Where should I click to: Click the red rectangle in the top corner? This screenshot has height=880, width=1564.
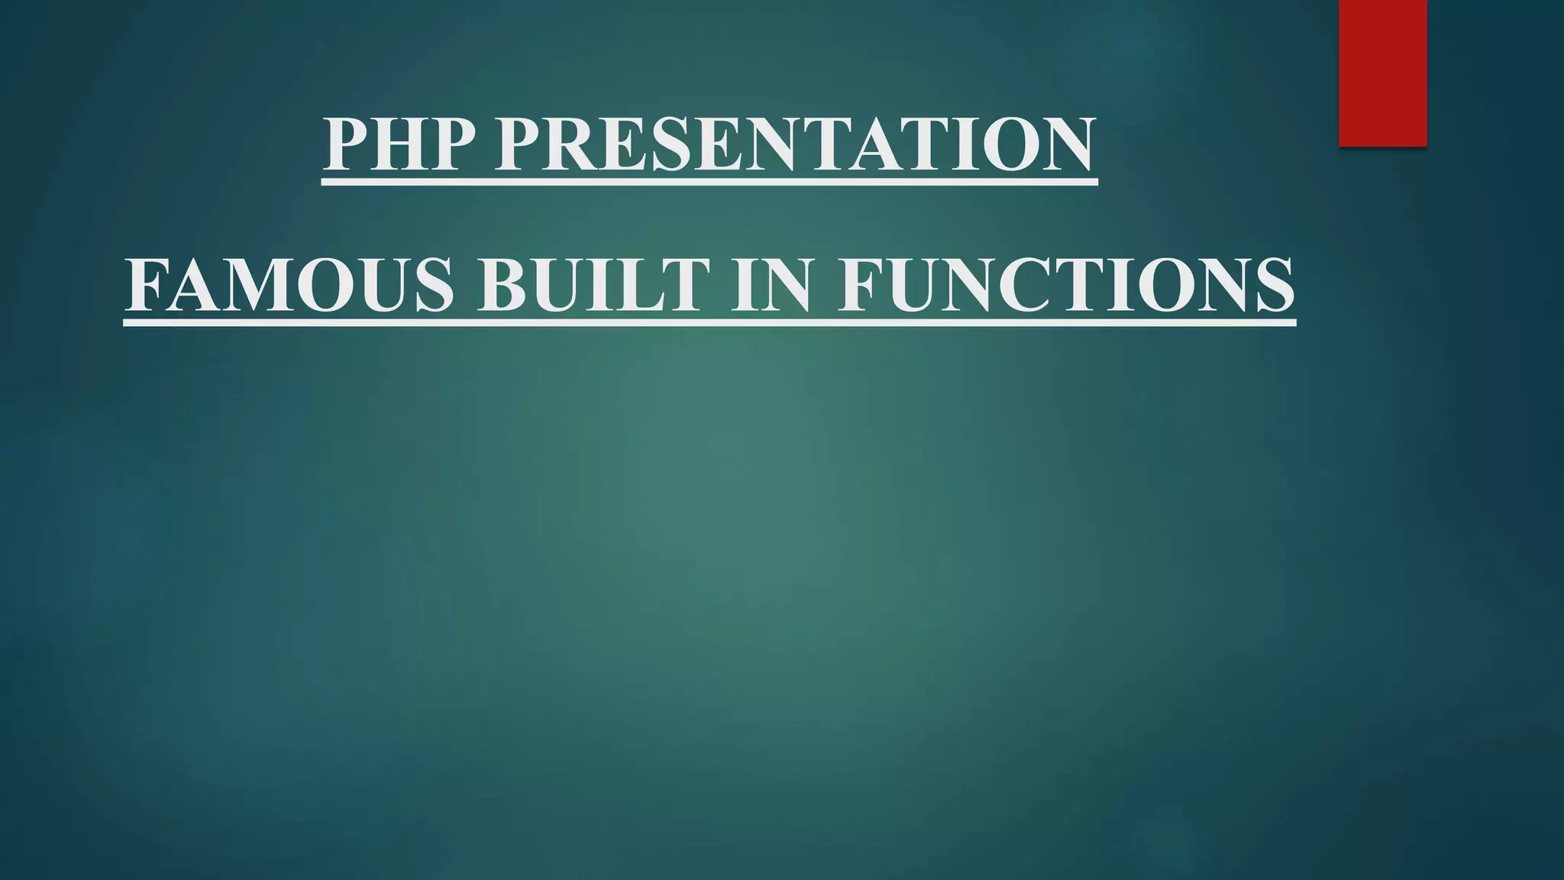tap(1382, 73)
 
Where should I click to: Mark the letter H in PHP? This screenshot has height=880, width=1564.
tap(396, 144)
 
